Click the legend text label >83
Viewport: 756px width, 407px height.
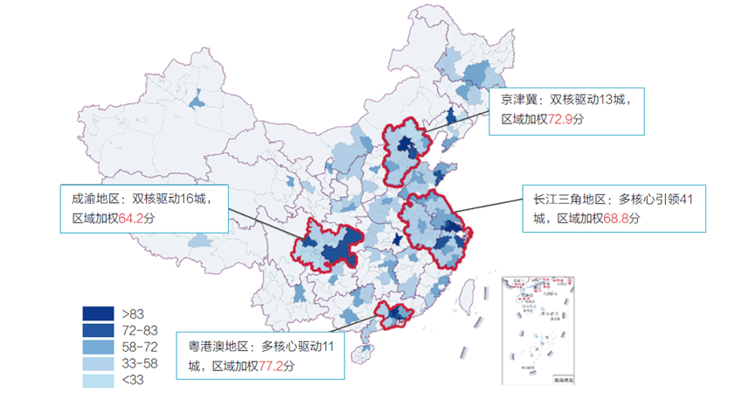point(134,312)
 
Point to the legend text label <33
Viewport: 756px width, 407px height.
point(134,381)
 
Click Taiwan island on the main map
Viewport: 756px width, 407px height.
point(473,296)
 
